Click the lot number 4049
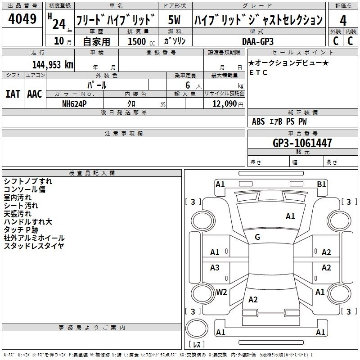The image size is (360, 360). click(22, 19)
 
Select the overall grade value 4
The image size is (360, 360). click(343, 21)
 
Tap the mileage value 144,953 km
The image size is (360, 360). click(53, 65)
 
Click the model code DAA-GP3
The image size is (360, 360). click(258, 41)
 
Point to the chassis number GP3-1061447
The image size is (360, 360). click(302, 143)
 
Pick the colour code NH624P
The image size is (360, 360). click(74, 104)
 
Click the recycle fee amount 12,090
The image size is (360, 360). click(224, 104)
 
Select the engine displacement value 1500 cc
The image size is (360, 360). click(141, 41)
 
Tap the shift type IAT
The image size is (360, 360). click(13, 94)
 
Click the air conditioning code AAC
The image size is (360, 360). click(35, 94)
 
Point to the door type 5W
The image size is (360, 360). click(174, 20)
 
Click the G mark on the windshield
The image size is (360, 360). click(257, 237)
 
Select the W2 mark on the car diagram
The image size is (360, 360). click(221, 292)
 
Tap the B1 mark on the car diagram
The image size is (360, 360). click(321, 184)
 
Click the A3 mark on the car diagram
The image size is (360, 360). click(215, 267)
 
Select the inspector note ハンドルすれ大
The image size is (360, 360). click(28, 222)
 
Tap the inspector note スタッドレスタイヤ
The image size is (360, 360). click(34, 246)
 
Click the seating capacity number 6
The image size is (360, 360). click(188, 85)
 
